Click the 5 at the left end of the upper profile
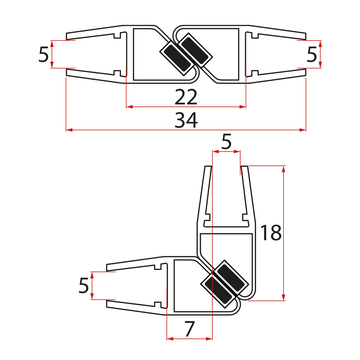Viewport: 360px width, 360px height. tap(44, 54)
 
